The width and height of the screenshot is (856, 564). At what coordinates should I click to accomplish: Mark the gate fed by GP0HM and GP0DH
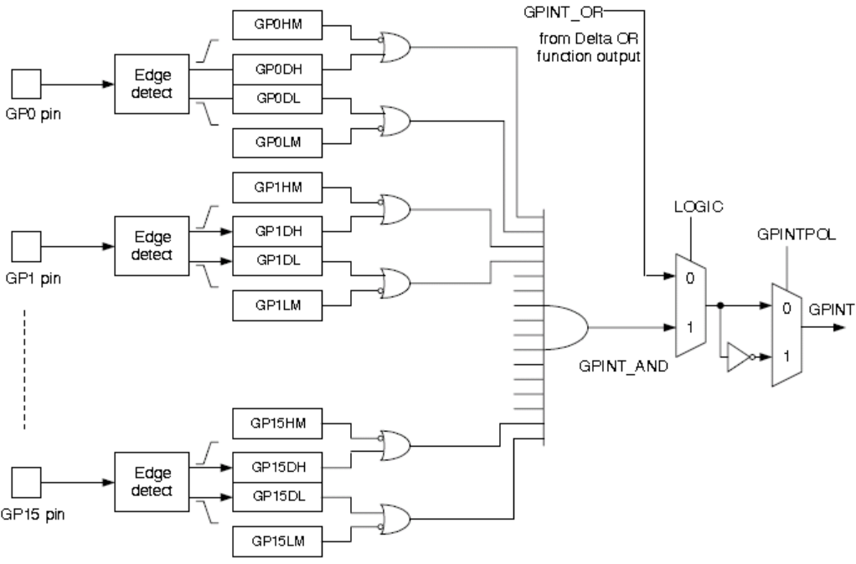394,48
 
